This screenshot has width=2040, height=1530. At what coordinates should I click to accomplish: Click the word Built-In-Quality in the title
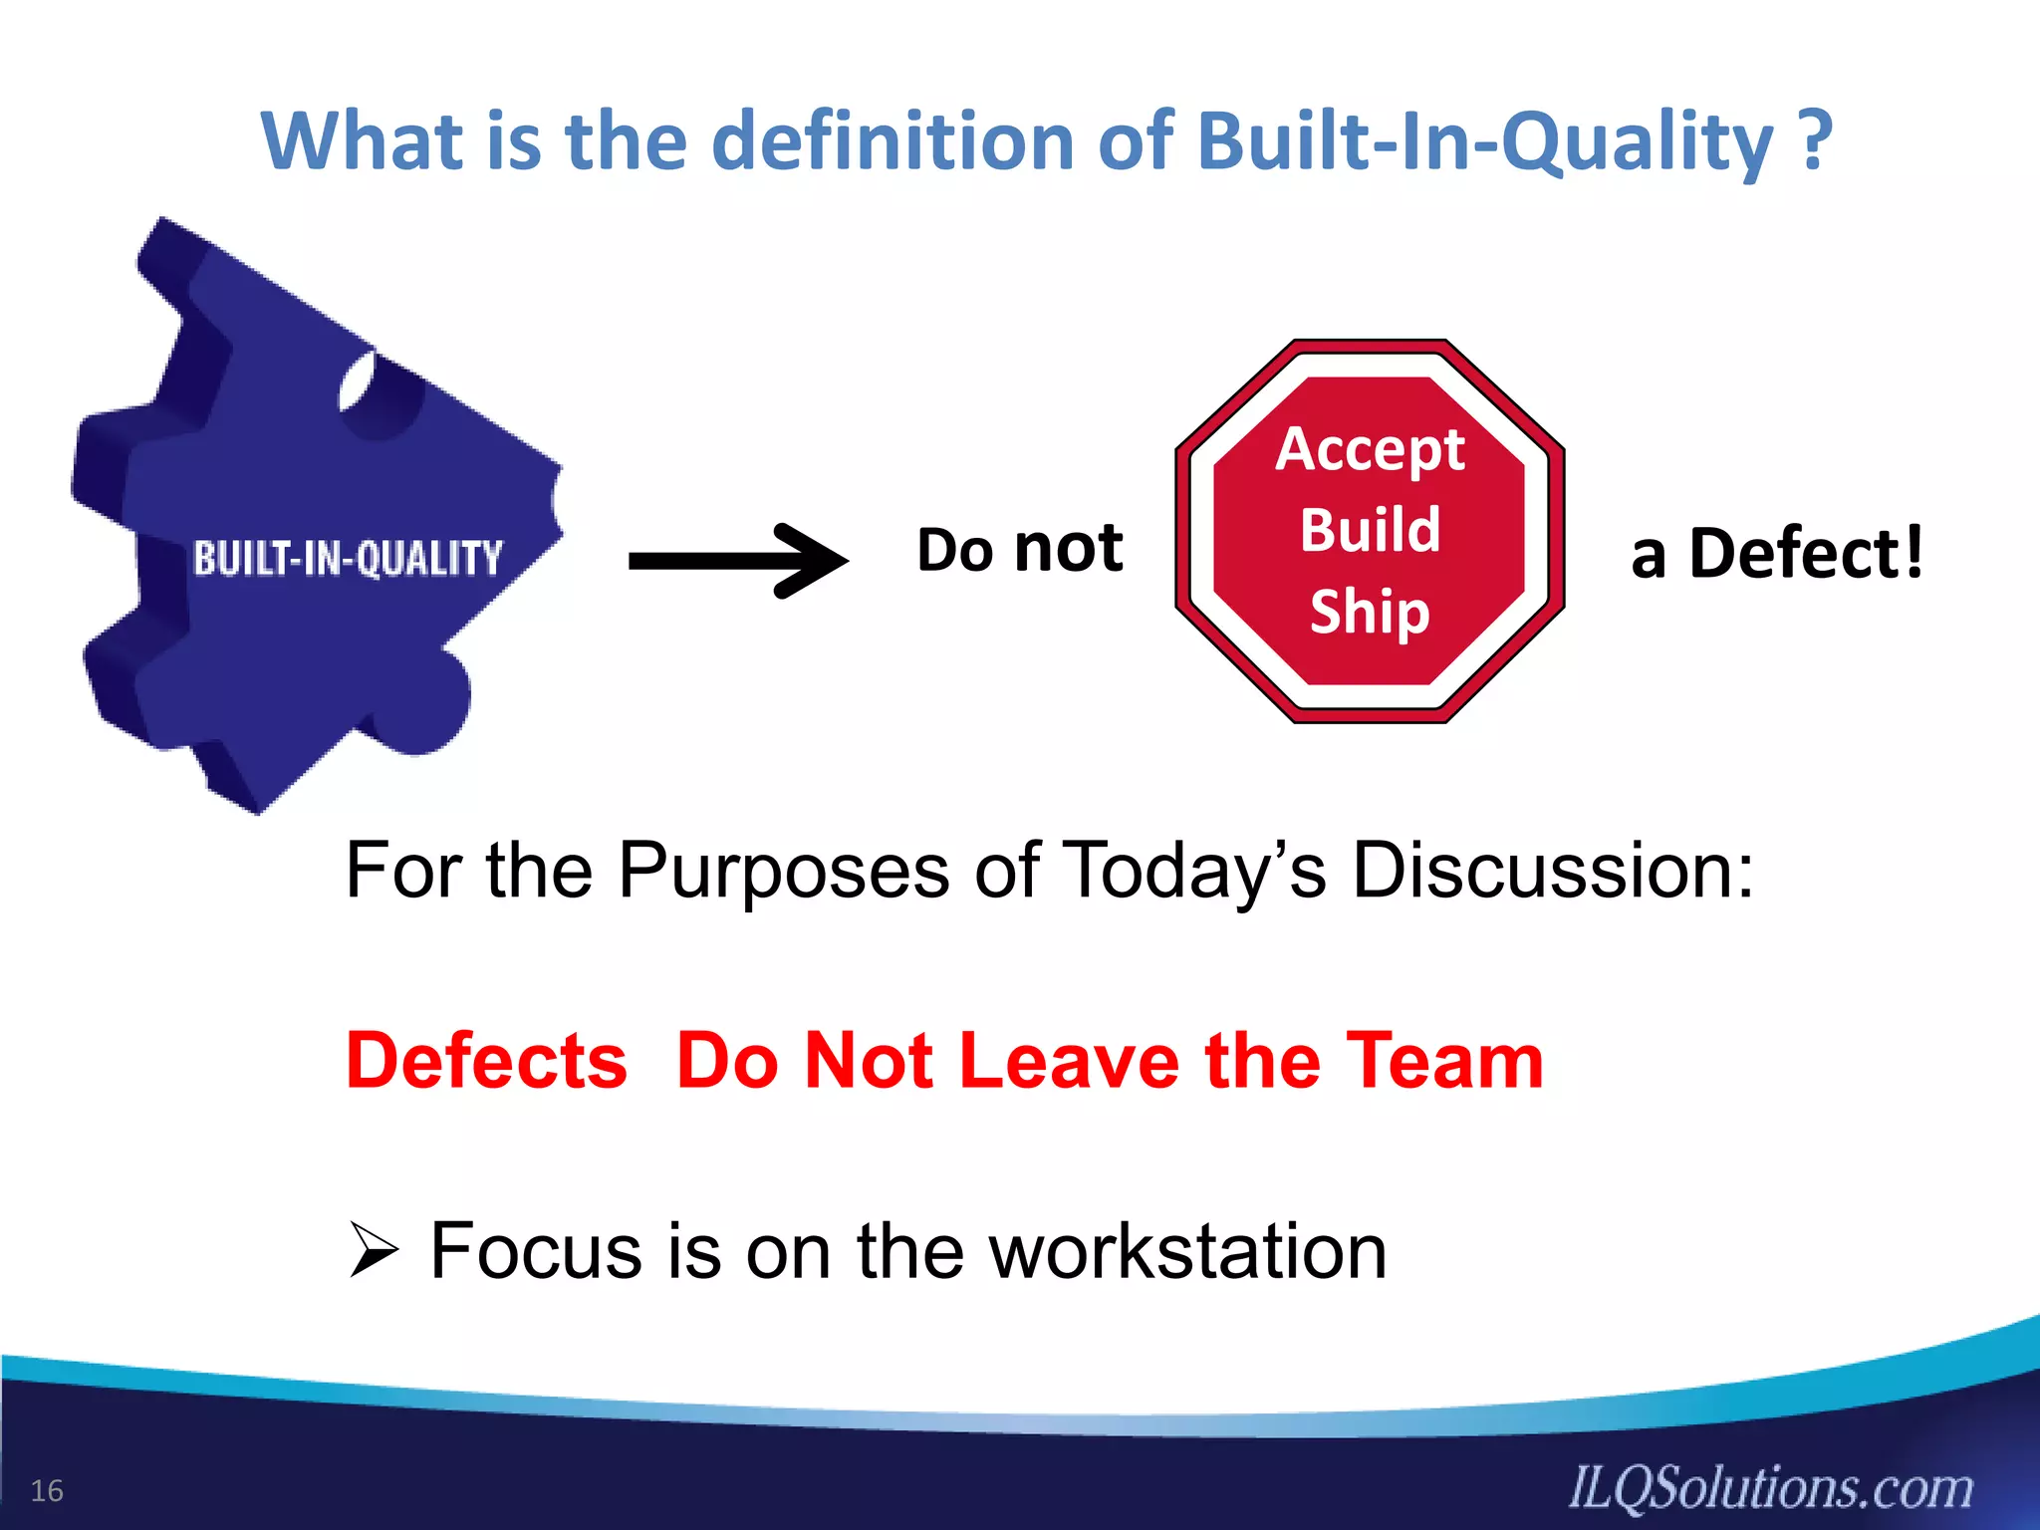click(x=1484, y=142)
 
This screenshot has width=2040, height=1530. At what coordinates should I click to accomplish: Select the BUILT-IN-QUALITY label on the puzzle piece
click(x=348, y=559)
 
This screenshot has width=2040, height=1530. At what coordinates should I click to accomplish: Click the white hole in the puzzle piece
click(x=356, y=382)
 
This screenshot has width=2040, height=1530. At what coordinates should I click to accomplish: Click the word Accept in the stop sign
click(x=1370, y=450)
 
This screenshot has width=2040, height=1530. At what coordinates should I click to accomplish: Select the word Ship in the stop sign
click(x=1370, y=611)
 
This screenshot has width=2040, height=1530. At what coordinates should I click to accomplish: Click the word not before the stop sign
click(x=1068, y=550)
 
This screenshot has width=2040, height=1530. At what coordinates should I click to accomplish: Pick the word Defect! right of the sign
click(x=1806, y=554)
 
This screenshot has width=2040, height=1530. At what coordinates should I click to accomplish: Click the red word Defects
click(x=486, y=1061)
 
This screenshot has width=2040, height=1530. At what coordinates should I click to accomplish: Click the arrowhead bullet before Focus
click(x=375, y=1251)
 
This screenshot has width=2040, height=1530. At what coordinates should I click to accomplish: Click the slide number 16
click(x=47, y=1491)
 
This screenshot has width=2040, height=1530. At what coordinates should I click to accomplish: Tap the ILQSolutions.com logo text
click(x=1771, y=1488)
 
